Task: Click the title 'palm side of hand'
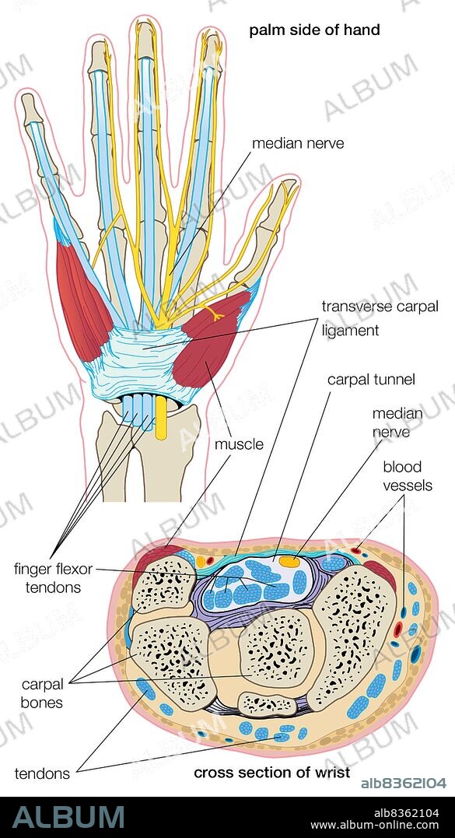point(313,30)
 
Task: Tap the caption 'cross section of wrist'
point(271,773)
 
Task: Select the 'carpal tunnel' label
point(371,380)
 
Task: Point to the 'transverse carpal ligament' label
point(362,317)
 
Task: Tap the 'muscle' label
point(239,445)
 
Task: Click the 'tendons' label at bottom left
point(41,773)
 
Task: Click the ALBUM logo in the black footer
point(68,816)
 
